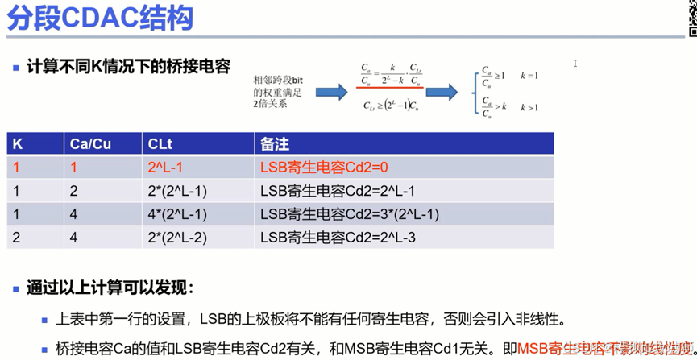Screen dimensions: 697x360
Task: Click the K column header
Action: tap(18, 144)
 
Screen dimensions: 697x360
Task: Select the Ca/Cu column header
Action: tap(90, 144)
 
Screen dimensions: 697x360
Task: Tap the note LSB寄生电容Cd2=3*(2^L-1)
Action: tap(348, 214)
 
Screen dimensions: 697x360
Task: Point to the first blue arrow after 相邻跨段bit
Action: tap(331, 93)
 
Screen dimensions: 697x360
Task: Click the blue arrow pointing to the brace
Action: tap(442, 91)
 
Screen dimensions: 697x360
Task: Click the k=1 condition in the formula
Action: tap(529, 76)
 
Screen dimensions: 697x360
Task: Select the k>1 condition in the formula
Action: tap(529, 108)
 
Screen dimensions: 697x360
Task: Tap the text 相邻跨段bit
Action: tap(279, 81)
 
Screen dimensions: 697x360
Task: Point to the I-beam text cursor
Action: tap(575, 63)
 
